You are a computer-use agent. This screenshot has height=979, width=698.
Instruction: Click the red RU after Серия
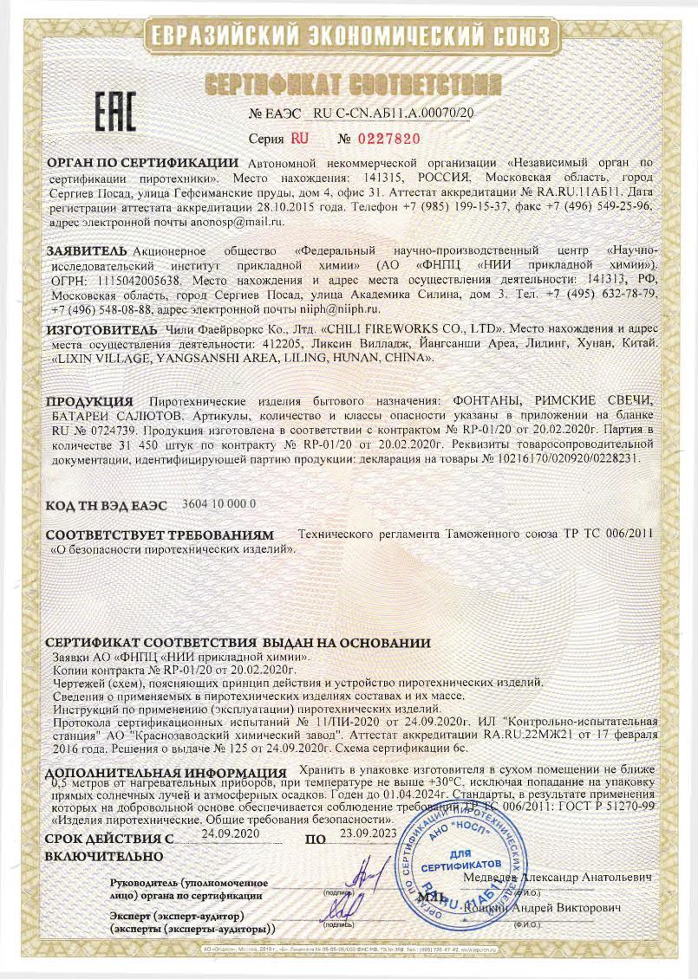coord(299,138)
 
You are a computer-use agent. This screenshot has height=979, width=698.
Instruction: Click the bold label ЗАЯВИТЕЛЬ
coord(88,250)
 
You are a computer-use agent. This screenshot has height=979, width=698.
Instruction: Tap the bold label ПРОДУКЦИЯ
coord(89,401)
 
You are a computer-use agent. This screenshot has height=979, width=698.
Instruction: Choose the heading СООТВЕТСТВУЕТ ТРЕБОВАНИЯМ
coord(160,535)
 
